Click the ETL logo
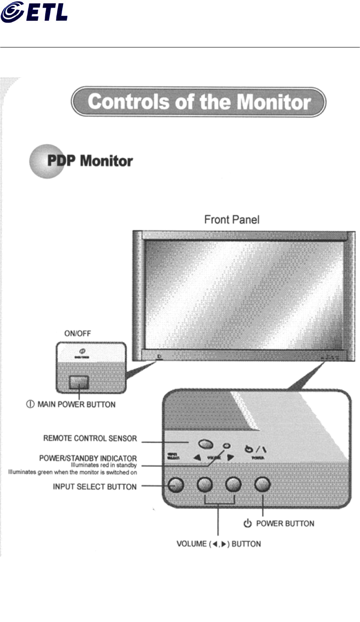(34, 12)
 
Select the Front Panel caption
(232, 220)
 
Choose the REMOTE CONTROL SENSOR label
(90, 439)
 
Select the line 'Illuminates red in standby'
(104, 465)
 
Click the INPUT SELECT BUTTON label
(95, 487)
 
